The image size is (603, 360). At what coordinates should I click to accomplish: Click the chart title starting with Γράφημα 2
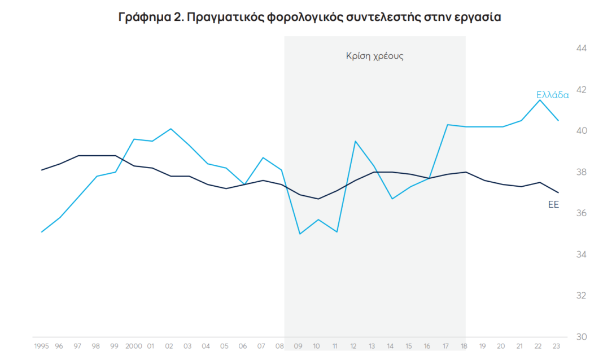[310, 17]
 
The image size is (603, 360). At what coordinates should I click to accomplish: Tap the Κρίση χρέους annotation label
[375, 56]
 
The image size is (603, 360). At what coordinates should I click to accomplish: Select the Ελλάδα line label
[552, 95]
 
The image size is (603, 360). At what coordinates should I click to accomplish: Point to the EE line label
[553, 204]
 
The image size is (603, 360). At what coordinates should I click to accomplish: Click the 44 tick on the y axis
[582, 49]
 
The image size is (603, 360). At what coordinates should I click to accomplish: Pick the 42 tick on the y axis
[582, 90]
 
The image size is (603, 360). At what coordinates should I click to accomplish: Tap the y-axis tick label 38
[582, 172]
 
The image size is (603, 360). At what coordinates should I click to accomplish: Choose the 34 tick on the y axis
[582, 254]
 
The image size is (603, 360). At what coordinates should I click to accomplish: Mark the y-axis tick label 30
[582, 337]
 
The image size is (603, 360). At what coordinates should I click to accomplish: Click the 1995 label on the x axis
[42, 345]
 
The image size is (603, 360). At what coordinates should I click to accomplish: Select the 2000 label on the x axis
[133, 345]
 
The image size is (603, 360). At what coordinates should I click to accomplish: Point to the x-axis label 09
[299, 345]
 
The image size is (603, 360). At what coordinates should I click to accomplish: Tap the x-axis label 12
[354, 345]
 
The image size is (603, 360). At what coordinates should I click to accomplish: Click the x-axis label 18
[465, 345]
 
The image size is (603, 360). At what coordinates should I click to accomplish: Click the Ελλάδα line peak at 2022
[540, 100]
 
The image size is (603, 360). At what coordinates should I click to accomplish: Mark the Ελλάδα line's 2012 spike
[355, 141]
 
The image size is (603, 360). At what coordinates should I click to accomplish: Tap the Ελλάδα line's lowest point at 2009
[299, 234]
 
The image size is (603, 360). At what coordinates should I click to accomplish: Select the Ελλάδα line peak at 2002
[171, 129]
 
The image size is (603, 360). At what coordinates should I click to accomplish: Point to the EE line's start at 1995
[42, 170]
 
